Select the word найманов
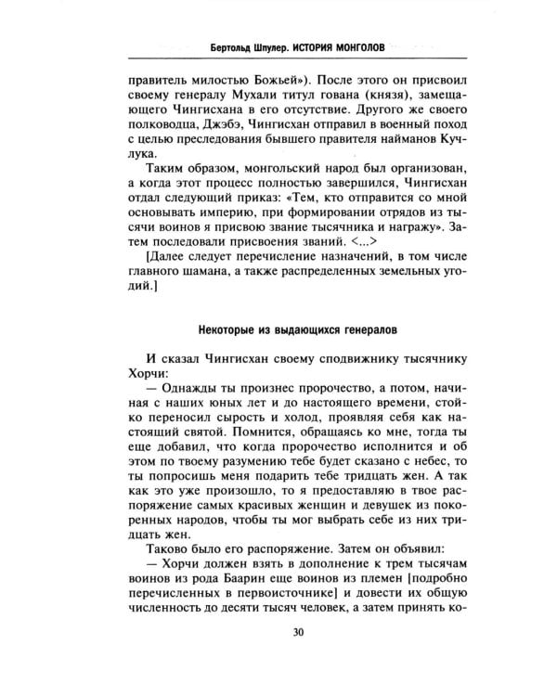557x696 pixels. tap(390, 153)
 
